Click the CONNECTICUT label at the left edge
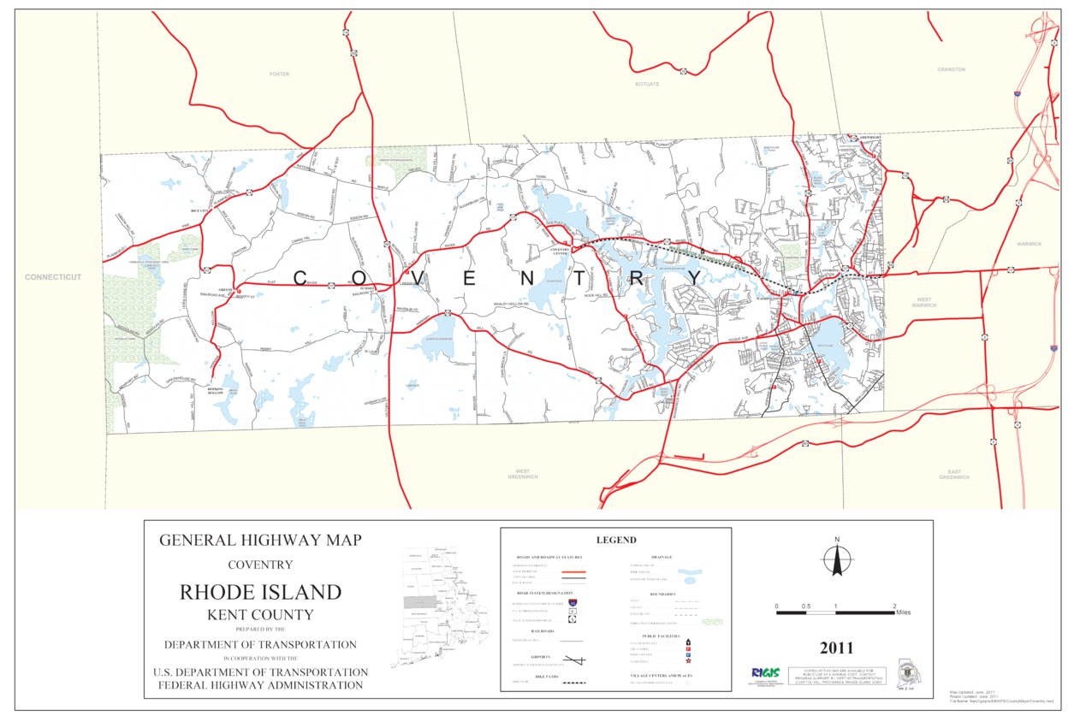click(52, 277)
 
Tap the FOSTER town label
click(279, 74)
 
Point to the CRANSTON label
click(951, 69)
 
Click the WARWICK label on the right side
click(1029, 244)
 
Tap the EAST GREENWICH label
click(954, 475)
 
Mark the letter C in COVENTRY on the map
click(301, 278)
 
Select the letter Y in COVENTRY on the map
click(694, 278)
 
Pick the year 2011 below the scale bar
click(835, 648)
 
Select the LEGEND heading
click(615, 540)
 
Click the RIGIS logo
click(764, 672)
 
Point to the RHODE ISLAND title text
click(260, 592)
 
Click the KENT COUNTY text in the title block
click(260, 614)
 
